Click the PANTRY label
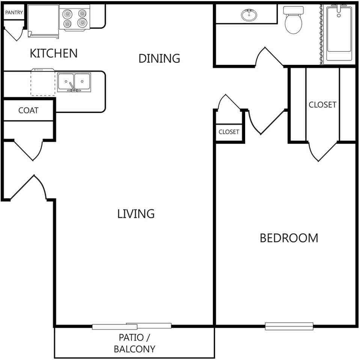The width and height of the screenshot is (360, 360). tap(14, 12)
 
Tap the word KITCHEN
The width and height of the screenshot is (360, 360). tap(54, 53)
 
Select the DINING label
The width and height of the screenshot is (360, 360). tap(159, 58)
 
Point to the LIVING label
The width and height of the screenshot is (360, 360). tap(136, 214)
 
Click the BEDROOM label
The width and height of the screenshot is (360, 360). tap(289, 238)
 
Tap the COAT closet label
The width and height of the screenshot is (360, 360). tap(28, 110)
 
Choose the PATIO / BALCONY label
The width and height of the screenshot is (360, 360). tap(134, 343)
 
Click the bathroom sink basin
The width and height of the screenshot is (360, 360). tap(249, 15)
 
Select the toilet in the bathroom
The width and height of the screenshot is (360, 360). tap(293, 20)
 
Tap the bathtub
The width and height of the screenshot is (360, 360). tap(339, 33)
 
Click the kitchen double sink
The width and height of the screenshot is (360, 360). tap(74, 82)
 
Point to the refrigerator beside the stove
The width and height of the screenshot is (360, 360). tap(43, 21)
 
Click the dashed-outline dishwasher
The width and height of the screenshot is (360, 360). tap(43, 82)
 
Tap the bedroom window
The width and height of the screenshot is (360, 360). tap(289, 326)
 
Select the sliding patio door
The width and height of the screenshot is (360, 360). tap(132, 326)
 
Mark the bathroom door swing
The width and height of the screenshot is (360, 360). tap(269, 57)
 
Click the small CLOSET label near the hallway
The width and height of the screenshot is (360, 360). tap(229, 132)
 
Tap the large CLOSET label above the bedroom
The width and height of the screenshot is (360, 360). tap(322, 105)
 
